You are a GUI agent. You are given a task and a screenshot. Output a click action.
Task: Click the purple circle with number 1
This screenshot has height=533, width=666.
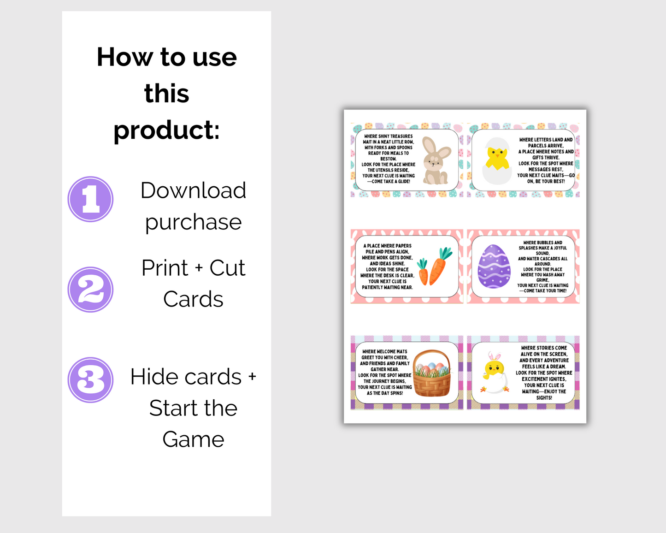pos(90,199)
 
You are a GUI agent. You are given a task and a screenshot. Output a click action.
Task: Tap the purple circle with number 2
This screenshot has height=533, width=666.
pos(90,290)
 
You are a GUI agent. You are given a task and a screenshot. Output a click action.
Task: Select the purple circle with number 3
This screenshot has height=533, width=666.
pos(90,380)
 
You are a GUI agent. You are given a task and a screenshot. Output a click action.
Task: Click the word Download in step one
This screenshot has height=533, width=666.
pos(193,190)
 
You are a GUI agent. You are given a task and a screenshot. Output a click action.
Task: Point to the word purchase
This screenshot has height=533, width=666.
pos(193,223)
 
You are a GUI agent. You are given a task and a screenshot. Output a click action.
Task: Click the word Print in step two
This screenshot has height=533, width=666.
pos(165,268)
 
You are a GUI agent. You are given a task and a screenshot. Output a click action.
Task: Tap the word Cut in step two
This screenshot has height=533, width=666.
pos(227,268)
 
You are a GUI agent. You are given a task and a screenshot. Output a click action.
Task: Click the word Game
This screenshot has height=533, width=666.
pos(193,439)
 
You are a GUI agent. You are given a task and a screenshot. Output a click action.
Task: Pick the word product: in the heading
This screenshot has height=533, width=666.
pos(166,130)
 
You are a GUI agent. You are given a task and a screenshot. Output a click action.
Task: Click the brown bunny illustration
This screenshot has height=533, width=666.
pos(436,160)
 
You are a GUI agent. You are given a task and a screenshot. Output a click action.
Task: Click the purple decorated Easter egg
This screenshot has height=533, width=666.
pos(494,266)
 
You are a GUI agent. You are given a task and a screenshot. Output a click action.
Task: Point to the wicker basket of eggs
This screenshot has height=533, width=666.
pos(431,374)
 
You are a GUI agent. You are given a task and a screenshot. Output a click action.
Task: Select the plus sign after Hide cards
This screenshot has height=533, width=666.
pos(252,377)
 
